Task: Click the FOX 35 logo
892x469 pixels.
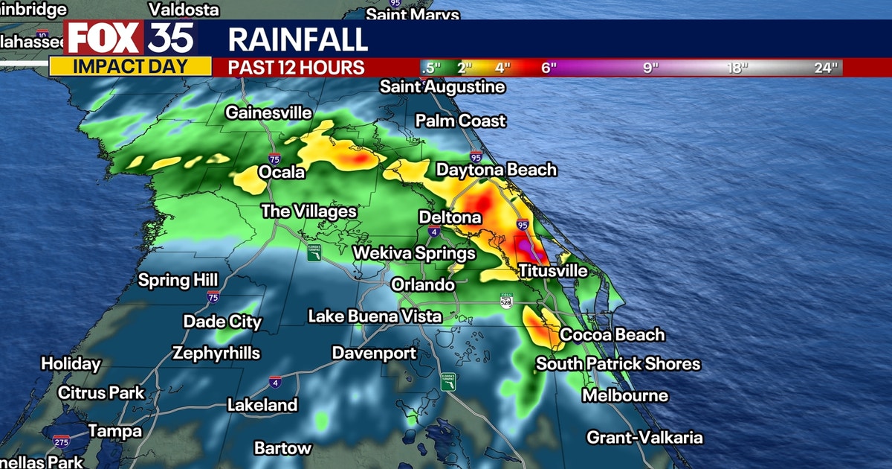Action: [x=131, y=38]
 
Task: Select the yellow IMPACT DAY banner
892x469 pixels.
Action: [x=130, y=66]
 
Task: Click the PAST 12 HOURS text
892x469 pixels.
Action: [x=296, y=67]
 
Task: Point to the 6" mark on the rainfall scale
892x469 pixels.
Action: [x=549, y=68]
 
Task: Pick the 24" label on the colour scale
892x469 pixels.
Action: [x=825, y=68]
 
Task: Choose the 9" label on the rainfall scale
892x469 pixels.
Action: [x=651, y=68]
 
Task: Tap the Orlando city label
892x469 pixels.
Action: [x=422, y=285]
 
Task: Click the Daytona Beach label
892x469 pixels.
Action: [x=496, y=170]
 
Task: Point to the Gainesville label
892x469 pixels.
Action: [x=268, y=113]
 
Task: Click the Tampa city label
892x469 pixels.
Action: [x=114, y=431]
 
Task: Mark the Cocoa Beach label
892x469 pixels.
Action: [x=612, y=335]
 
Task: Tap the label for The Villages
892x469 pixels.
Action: [x=308, y=211]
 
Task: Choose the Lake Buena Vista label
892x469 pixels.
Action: [x=375, y=316]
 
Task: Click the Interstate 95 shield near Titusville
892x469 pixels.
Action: [x=523, y=224]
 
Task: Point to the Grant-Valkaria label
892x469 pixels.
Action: [x=644, y=438]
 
